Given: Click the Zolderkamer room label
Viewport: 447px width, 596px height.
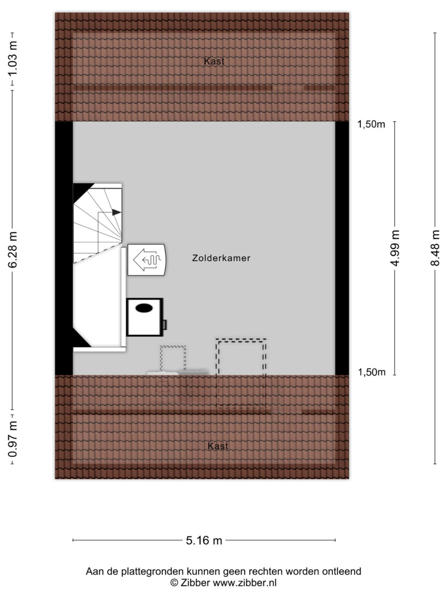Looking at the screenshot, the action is coord(221,258).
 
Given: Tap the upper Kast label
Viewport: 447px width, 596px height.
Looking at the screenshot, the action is coord(214,61).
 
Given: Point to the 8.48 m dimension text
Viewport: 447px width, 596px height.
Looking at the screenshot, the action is coord(435,248).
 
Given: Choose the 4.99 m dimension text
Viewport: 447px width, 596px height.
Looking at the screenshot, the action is coord(395,248).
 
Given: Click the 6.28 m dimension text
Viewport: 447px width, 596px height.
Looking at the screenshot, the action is coord(12,250).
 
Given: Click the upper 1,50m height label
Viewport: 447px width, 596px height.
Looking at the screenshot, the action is coord(371,124).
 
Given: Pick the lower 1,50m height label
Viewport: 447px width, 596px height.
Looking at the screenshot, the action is coord(372,372).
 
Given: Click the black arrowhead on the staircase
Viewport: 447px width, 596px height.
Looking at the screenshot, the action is coord(117,213).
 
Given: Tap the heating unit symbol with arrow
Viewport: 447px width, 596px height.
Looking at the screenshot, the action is coord(147,260).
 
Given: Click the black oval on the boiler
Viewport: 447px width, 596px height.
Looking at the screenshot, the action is coord(144,308).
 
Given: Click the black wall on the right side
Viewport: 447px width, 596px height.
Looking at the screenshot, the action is coord(342,248).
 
